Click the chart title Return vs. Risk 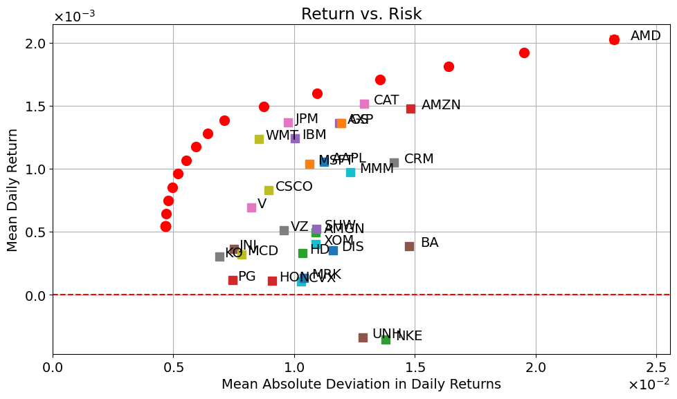pos(361,14)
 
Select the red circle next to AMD pos(614,39)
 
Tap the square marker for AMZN pos(410,109)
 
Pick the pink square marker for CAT pos(364,104)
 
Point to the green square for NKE pos(386,340)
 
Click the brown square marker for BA pos(409,246)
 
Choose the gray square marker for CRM pos(394,163)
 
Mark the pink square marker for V pos(251,207)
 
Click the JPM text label pos(307,119)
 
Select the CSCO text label pos(294,187)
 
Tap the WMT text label pos(282,136)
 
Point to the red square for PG pos(233,280)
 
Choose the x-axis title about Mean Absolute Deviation pos(361,384)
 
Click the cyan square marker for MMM pos(350,172)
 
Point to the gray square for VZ pos(284,230)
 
